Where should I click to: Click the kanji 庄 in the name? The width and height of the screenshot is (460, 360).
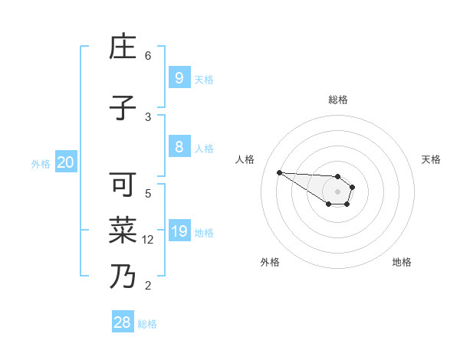click(123, 48)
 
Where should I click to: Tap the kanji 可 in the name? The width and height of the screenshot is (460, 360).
click(123, 186)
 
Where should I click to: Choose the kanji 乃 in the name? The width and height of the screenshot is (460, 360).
click(123, 277)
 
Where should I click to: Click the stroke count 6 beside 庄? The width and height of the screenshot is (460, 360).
click(148, 56)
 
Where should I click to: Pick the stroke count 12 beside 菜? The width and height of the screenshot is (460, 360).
click(149, 240)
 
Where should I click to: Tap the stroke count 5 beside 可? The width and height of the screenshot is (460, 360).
click(148, 193)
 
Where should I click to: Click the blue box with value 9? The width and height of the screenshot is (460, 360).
click(179, 77)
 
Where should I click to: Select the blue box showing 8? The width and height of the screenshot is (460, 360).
click(179, 146)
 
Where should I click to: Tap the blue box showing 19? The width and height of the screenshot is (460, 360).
click(179, 231)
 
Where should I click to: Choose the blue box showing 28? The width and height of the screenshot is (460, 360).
click(123, 322)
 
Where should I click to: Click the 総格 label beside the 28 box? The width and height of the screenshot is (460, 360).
click(147, 324)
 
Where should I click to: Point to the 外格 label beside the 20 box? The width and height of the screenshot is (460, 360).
click(41, 163)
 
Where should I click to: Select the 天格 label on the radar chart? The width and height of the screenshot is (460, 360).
click(431, 159)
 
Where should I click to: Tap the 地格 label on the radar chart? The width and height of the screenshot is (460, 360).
click(402, 262)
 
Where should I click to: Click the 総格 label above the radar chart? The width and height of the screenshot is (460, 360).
click(338, 100)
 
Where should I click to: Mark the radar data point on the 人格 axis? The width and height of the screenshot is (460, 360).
click(279, 172)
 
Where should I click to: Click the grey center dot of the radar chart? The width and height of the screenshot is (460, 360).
click(338, 191)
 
